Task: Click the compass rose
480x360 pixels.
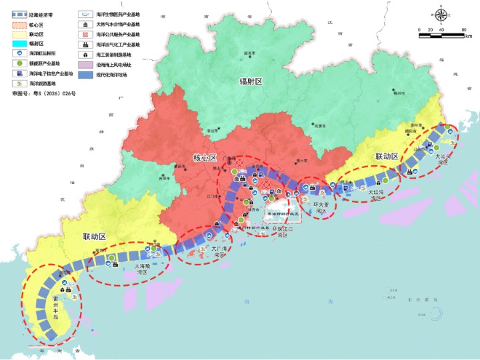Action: point(441,13)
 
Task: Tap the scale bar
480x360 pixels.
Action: point(441,29)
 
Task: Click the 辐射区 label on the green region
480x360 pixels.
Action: point(251,81)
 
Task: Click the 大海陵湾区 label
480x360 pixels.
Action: point(139,268)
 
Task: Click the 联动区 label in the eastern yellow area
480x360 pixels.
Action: point(386,156)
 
